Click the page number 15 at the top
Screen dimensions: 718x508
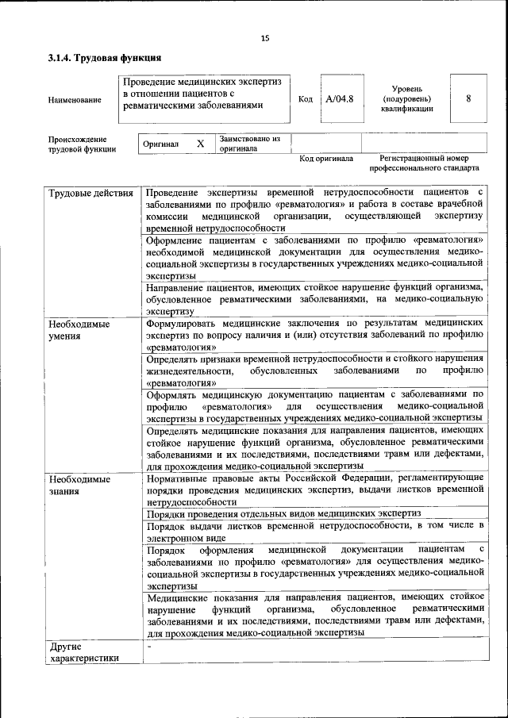[x=265, y=37]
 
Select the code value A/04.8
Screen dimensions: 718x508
[x=339, y=99]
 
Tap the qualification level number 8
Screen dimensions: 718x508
[x=468, y=99]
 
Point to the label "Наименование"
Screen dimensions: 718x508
[x=75, y=100]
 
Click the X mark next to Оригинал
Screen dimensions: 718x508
[x=201, y=144]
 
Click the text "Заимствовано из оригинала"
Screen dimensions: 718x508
[x=250, y=144]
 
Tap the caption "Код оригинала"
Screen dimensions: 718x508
[x=326, y=159]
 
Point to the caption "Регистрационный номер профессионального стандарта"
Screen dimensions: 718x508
[x=424, y=163]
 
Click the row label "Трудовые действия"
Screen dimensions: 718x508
[x=90, y=194]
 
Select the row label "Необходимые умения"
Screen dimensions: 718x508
[x=79, y=330]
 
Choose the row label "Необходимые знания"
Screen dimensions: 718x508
[x=79, y=485]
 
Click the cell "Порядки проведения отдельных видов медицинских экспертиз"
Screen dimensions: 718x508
[x=283, y=514]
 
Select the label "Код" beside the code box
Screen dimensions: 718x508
[x=306, y=99]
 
